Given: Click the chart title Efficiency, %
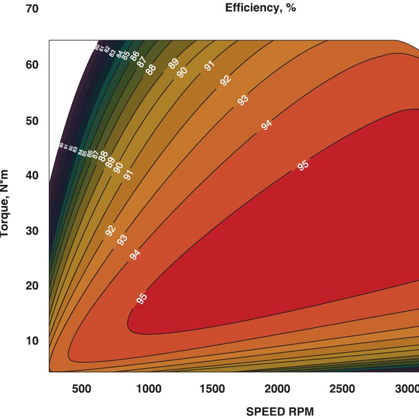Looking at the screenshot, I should coord(260,8).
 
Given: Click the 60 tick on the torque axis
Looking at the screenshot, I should coord(32,64).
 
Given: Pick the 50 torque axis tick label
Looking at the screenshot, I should coord(32,120).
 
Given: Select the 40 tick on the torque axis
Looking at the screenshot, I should coord(32,175).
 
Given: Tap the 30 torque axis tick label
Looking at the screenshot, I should coord(32,230).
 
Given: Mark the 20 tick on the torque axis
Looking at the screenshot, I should coord(32,285).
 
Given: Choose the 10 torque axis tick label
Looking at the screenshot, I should coord(32,341).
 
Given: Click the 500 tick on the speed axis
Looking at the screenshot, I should coord(81,389).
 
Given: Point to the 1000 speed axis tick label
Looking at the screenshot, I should coord(148,389).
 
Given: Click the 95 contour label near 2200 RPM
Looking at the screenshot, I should coord(303,166).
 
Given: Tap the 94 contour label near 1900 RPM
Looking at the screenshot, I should coord(267,125).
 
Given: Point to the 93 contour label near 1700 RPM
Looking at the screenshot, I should coord(242,101).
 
